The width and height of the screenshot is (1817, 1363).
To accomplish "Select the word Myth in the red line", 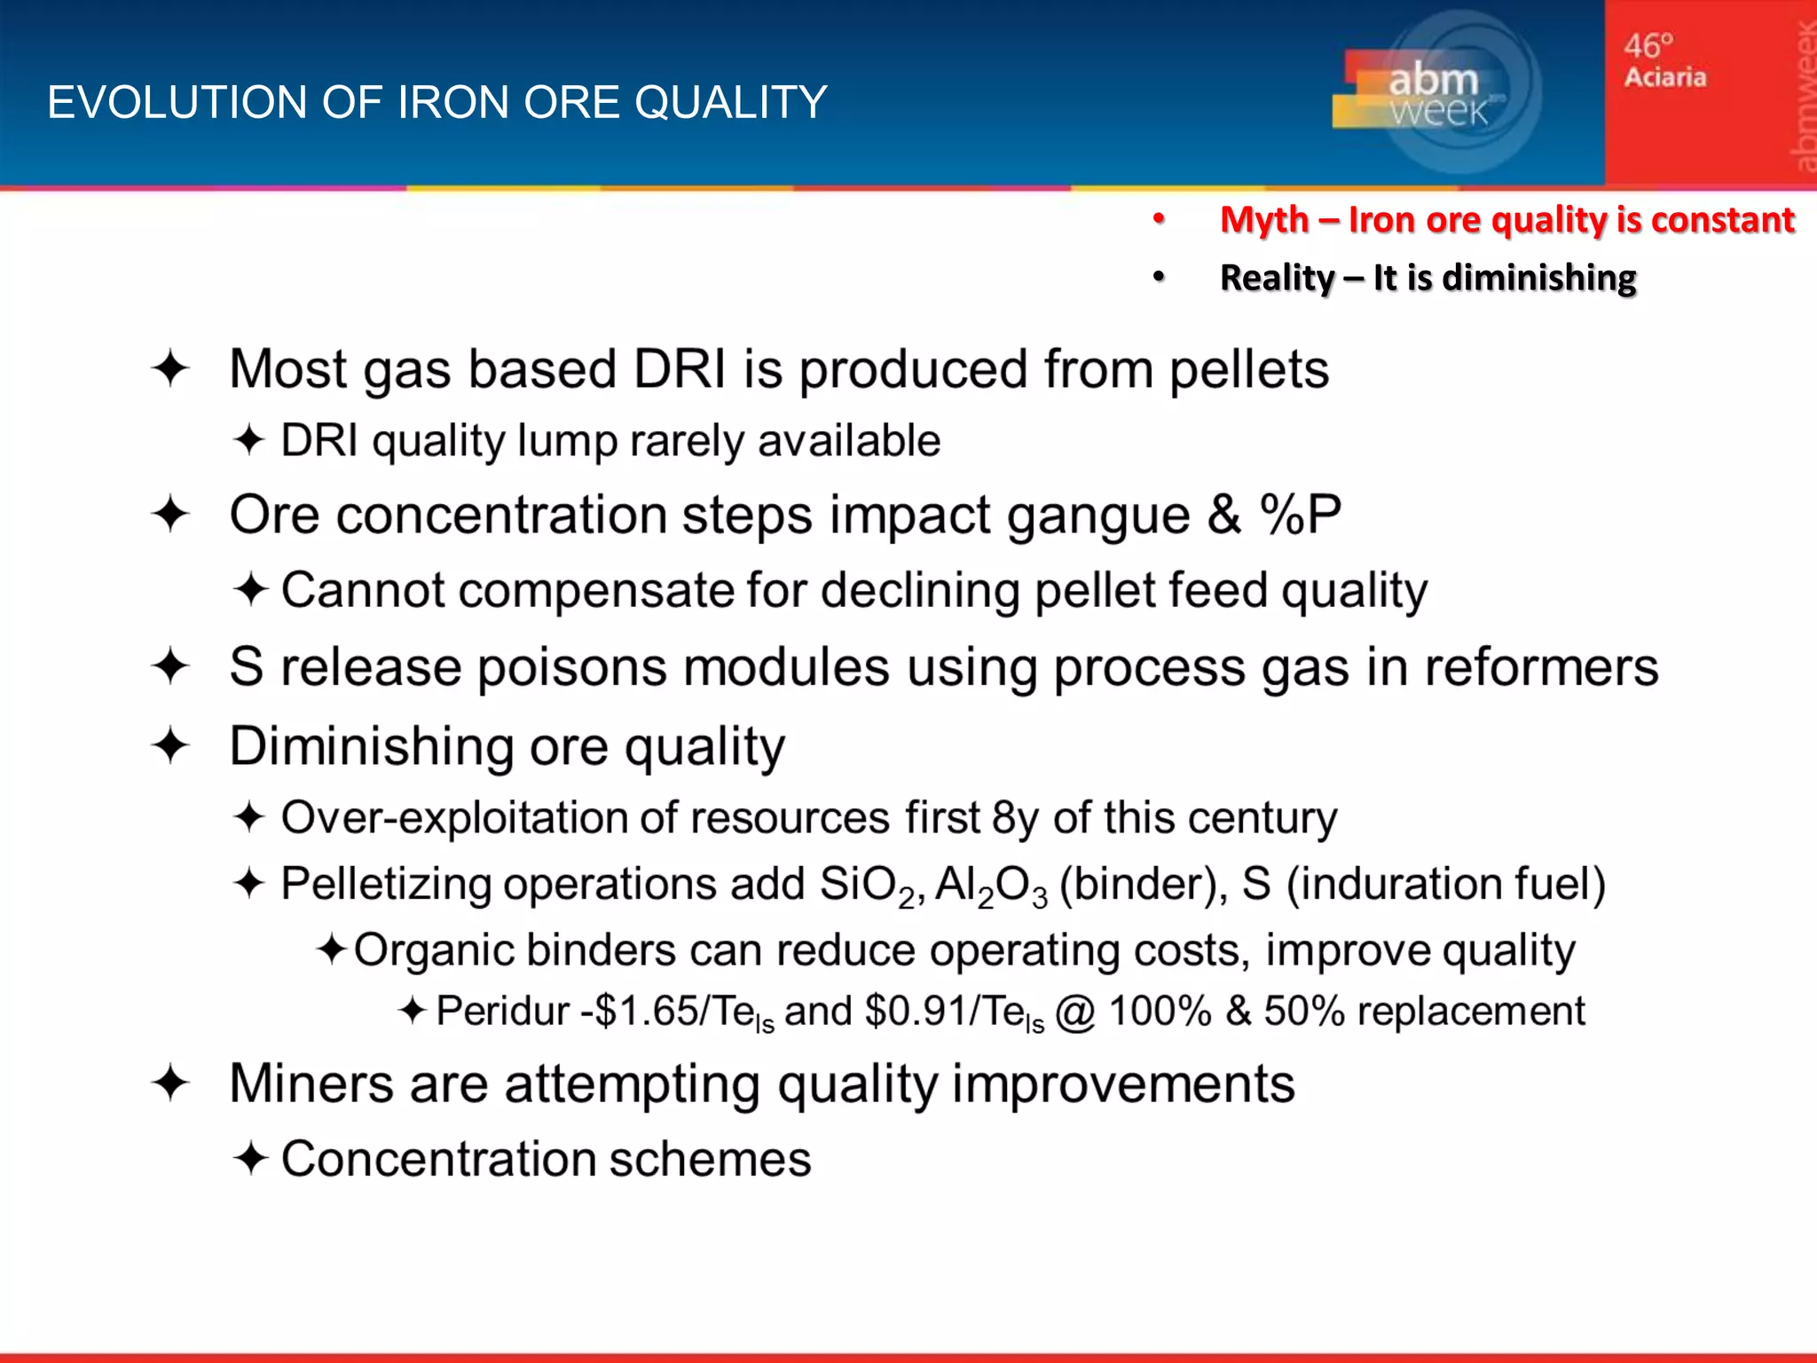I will pyautogui.click(x=1263, y=219).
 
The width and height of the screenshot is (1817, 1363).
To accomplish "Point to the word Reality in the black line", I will pyautogui.click(x=1276, y=278).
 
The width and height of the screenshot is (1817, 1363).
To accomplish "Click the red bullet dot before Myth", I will pyautogui.click(x=1159, y=218).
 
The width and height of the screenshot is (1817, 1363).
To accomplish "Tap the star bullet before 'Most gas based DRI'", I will pyautogui.click(x=170, y=369).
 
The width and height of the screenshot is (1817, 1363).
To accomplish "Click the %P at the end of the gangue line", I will pyautogui.click(x=1300, y=515).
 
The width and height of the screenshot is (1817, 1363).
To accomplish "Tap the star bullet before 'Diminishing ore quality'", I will pyautogui.click(x=170, y=745).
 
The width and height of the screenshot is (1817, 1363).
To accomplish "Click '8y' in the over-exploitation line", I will pyautogui.click(x=1015, y=818).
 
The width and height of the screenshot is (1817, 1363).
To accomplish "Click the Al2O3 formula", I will pyautogui.click(x=990, y=886).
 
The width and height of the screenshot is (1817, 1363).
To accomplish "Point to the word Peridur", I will pyautogui.click(x=502, y=1012).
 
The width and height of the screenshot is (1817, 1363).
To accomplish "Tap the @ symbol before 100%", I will pyautogui.click(x=1074, y=1012).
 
